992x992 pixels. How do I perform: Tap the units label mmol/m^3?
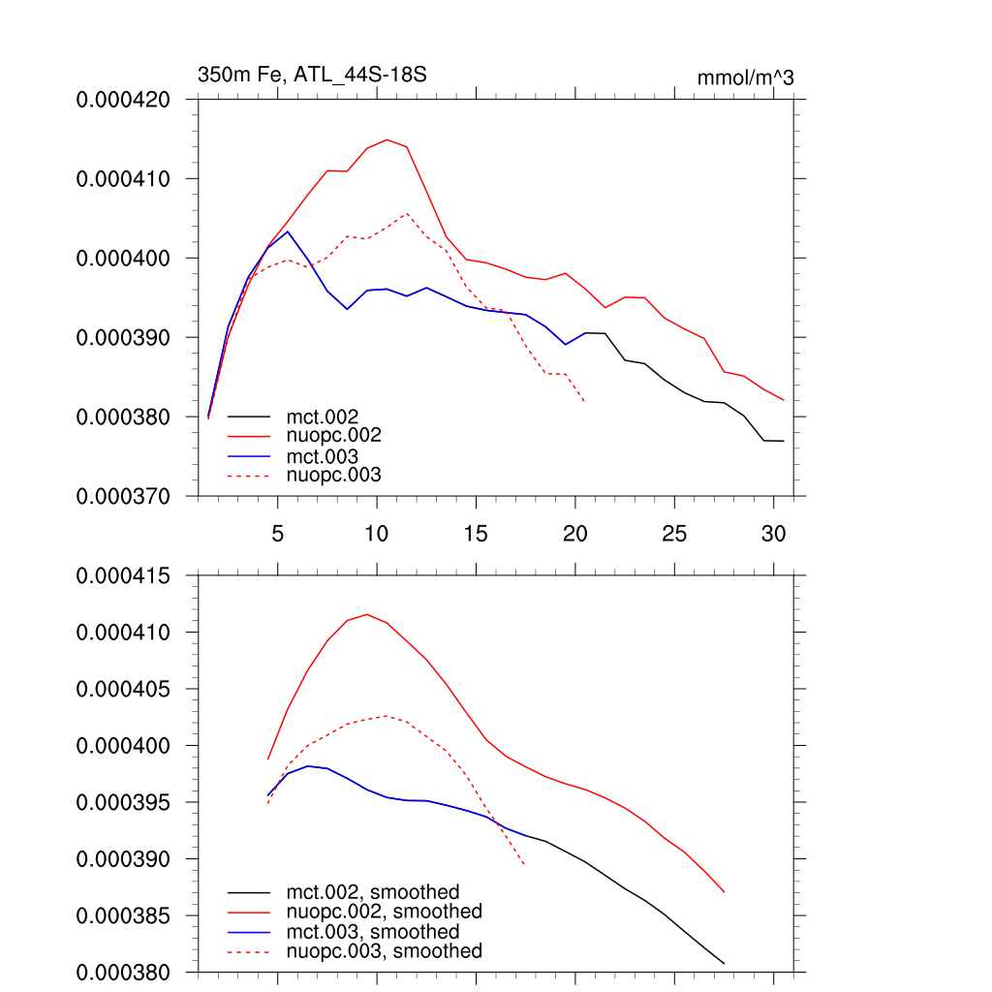coord(745,77)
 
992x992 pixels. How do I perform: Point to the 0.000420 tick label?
coord(123,100)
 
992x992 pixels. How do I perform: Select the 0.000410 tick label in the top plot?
coord(123,179)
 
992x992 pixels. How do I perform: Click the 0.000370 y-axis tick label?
coord(123,497)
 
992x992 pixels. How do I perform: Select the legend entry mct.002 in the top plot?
coord(329,418)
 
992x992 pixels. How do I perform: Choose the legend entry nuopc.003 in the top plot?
coord(334,476)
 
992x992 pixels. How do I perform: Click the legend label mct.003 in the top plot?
coord(329,456)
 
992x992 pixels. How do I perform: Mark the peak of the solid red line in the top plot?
coord(387,139)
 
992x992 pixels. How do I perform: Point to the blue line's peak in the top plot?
coord(288,232)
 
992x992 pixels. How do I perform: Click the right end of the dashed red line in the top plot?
coord(584,400)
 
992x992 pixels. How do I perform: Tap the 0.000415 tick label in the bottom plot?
coord(123,576)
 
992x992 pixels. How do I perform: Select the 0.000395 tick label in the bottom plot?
coord(123,803)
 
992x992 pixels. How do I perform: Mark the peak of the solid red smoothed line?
coord(367,614)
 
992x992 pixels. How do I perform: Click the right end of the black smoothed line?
coord(724,963)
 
